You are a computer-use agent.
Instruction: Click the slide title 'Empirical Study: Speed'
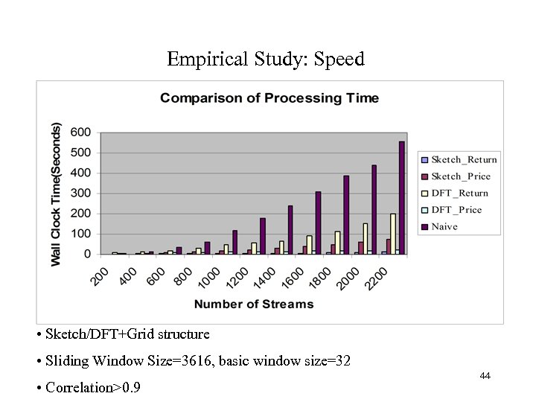coord(266,59)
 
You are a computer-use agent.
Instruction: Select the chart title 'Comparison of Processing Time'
coord(269,98)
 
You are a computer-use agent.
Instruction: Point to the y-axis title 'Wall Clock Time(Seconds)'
coord(57,194)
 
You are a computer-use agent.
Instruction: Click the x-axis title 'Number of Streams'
coord(254,304)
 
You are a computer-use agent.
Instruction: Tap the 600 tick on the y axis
coord(81,133)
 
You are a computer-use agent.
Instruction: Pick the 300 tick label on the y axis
coord(81,194)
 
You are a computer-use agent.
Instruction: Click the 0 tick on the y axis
coord(87,255)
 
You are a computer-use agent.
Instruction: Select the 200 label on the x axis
coord(100,275)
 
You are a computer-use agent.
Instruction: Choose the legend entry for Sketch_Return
coord(459,159)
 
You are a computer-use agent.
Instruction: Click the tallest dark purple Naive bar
coord(402,197)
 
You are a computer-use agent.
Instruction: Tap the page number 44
coord(485,376)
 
